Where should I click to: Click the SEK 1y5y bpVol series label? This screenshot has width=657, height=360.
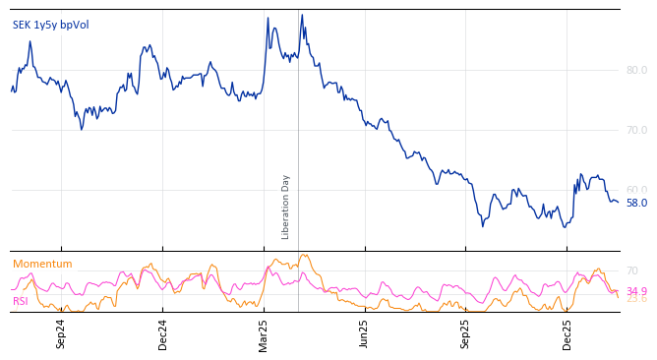pos(50,25)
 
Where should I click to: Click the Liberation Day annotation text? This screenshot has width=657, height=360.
pos(286,207)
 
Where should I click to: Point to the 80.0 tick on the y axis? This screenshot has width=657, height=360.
pos(636,70)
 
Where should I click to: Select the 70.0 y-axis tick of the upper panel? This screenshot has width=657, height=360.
pos(636,130)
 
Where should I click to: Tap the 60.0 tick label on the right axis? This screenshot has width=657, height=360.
pos(636,190)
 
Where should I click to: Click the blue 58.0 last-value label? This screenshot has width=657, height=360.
pos(636,204)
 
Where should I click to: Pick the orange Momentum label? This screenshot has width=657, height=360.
pos(42,264)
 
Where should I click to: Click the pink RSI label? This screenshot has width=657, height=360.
pos(21,301)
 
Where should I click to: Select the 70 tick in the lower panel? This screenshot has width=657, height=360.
pos(631,270)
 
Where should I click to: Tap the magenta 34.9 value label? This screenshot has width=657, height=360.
pos(636,291)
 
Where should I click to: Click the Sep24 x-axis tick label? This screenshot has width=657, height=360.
pos(61,333)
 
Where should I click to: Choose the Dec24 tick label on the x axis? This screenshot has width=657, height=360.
pos(162,333)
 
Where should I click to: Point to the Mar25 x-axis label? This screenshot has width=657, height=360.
pos(264,333)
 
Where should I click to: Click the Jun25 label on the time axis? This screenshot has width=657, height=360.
pos(364,333)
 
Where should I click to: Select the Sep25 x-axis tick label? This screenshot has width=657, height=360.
pos(465,333)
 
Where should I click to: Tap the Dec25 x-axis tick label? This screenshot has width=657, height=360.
pos(567,333)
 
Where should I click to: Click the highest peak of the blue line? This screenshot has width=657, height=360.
pos(302,16)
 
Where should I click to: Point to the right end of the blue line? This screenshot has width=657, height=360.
pos(618,202)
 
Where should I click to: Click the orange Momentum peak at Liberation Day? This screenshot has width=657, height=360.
pos(304,255)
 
